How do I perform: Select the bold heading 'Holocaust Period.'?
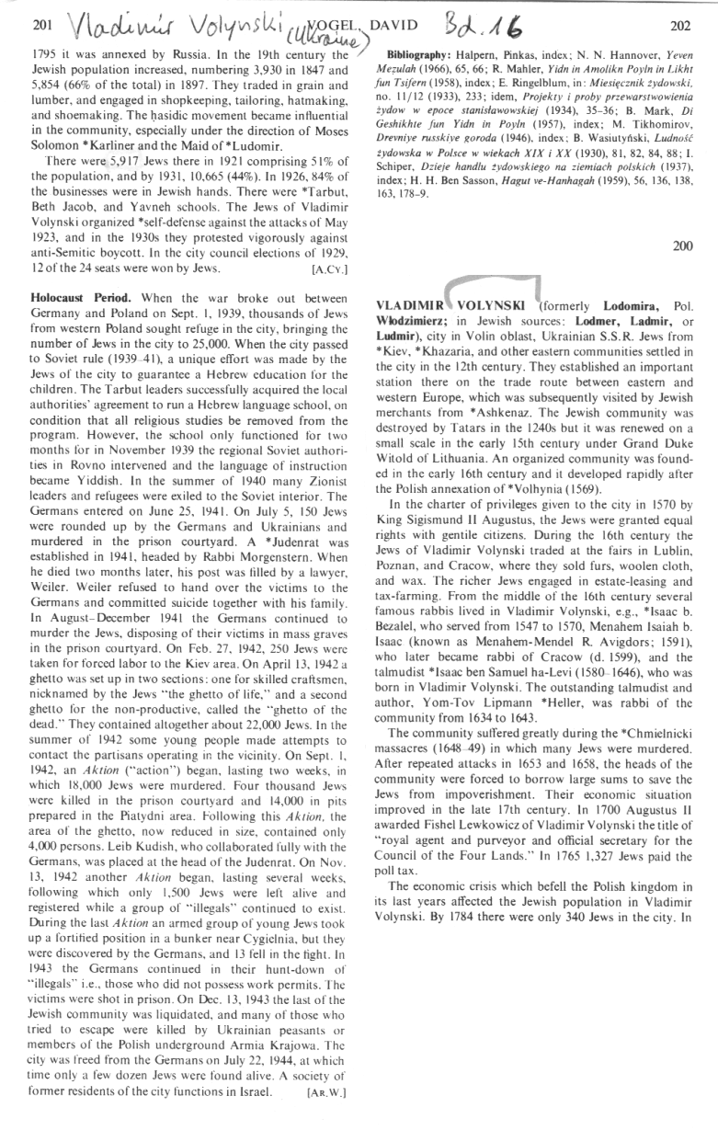(81, 299)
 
